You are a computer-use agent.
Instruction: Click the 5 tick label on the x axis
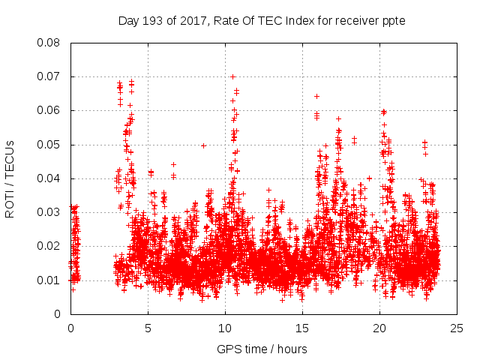point(148,328)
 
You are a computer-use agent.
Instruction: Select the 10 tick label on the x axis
point(225,328)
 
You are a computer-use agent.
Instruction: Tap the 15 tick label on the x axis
point(302,328)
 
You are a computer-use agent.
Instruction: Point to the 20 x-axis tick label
point(379,328)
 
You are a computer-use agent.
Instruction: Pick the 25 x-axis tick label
point(457,328)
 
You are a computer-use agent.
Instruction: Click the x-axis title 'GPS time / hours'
point(262,349)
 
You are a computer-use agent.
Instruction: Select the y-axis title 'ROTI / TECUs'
point(10,178)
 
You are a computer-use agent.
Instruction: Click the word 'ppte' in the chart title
point(394,21)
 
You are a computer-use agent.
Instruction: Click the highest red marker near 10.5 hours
point(232,76)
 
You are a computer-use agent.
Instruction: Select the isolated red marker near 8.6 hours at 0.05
point(203,145)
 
